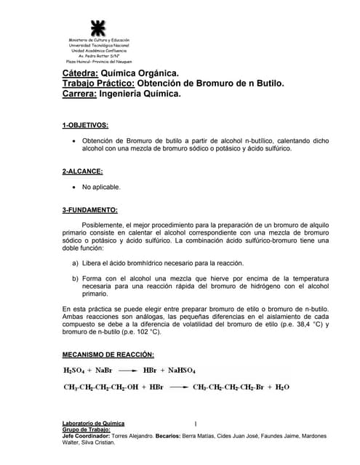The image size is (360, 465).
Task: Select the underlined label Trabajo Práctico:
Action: click(x=95, y=84)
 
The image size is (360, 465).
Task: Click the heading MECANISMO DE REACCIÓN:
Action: click(x=108, y=355)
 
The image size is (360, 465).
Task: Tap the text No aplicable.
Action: click(x=101, y=187)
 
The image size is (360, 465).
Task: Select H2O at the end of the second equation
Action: click(x=280, y=387)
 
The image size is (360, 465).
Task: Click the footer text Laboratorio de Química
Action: click(x=93, y=423)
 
